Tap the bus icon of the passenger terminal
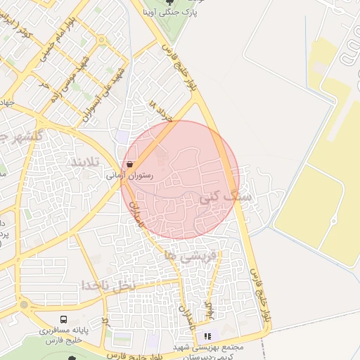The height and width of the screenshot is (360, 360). pos(65,319)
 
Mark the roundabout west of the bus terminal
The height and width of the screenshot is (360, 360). pos(25,305)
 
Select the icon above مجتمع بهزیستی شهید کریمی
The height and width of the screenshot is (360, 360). pos(207,337)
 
